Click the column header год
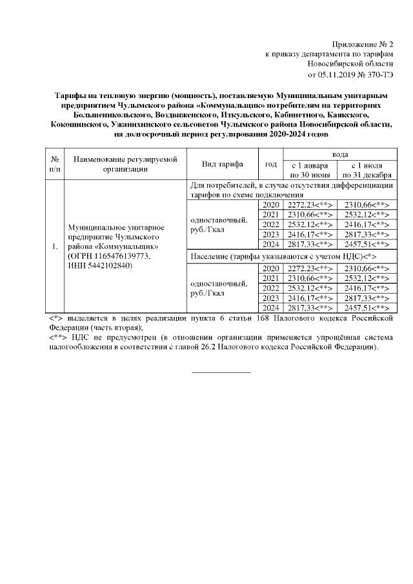click(x=271, y=164)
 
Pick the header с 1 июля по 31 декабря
click(x=368, y=169)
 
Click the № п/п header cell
click(x=55, y=164)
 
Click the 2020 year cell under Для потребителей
click(x=271, y=205)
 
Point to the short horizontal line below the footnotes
click(x=221, y=372)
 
